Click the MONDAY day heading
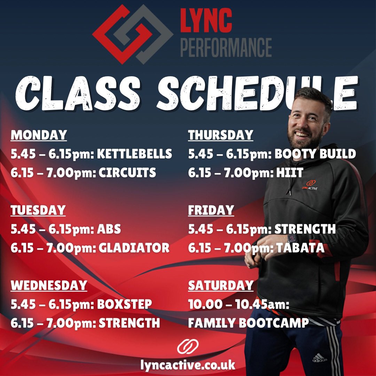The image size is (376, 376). click(x=39, y=135)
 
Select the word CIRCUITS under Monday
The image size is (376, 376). click(x=127, y=173)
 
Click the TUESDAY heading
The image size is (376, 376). click(x=38, y=210)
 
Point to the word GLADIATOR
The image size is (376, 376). click(x=134, y=248)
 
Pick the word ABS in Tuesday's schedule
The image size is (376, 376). click(x=110, y=229)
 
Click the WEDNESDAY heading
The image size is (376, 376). click(x=49, y=285)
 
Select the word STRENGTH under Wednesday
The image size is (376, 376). click(x=130, y=323)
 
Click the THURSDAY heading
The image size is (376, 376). click(x=221, y=135)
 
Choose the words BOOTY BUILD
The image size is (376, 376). click(x=315, y=154)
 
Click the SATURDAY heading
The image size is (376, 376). click(x=221, y=285)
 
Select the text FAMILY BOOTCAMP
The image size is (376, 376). click(x=248, y=323)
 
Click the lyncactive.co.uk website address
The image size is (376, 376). click(x=188, y=365)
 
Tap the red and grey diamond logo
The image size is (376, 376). click(x=132, y=34)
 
